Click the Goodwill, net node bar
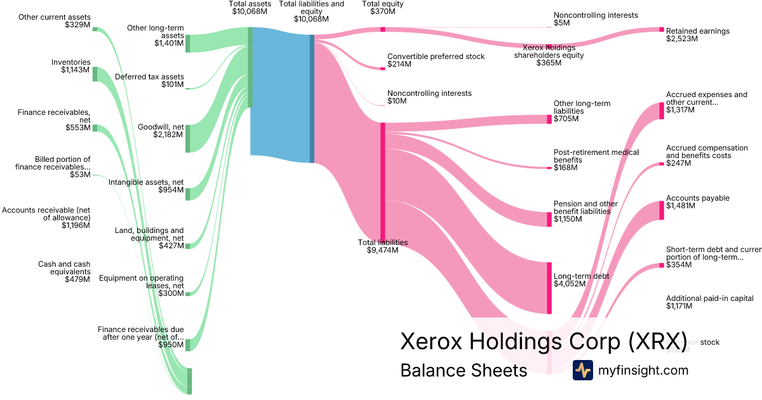[187, 138]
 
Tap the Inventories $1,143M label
[71, 66]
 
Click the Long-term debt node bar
[549, 288]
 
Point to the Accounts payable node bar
[661, 210]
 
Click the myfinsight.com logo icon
[582, 370]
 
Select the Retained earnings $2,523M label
[697, 34]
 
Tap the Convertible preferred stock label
[436, 60]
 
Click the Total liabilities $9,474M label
[382, 246]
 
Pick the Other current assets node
[95, 29]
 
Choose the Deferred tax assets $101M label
[149, 81]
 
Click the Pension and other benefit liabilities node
[549, 219]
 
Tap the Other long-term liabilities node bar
[549, 119]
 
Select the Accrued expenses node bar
[661, 110]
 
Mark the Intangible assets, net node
[187, 194]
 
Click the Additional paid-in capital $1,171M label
[709, 302]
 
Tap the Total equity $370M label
[382, 8]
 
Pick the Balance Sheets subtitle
[464, 370]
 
